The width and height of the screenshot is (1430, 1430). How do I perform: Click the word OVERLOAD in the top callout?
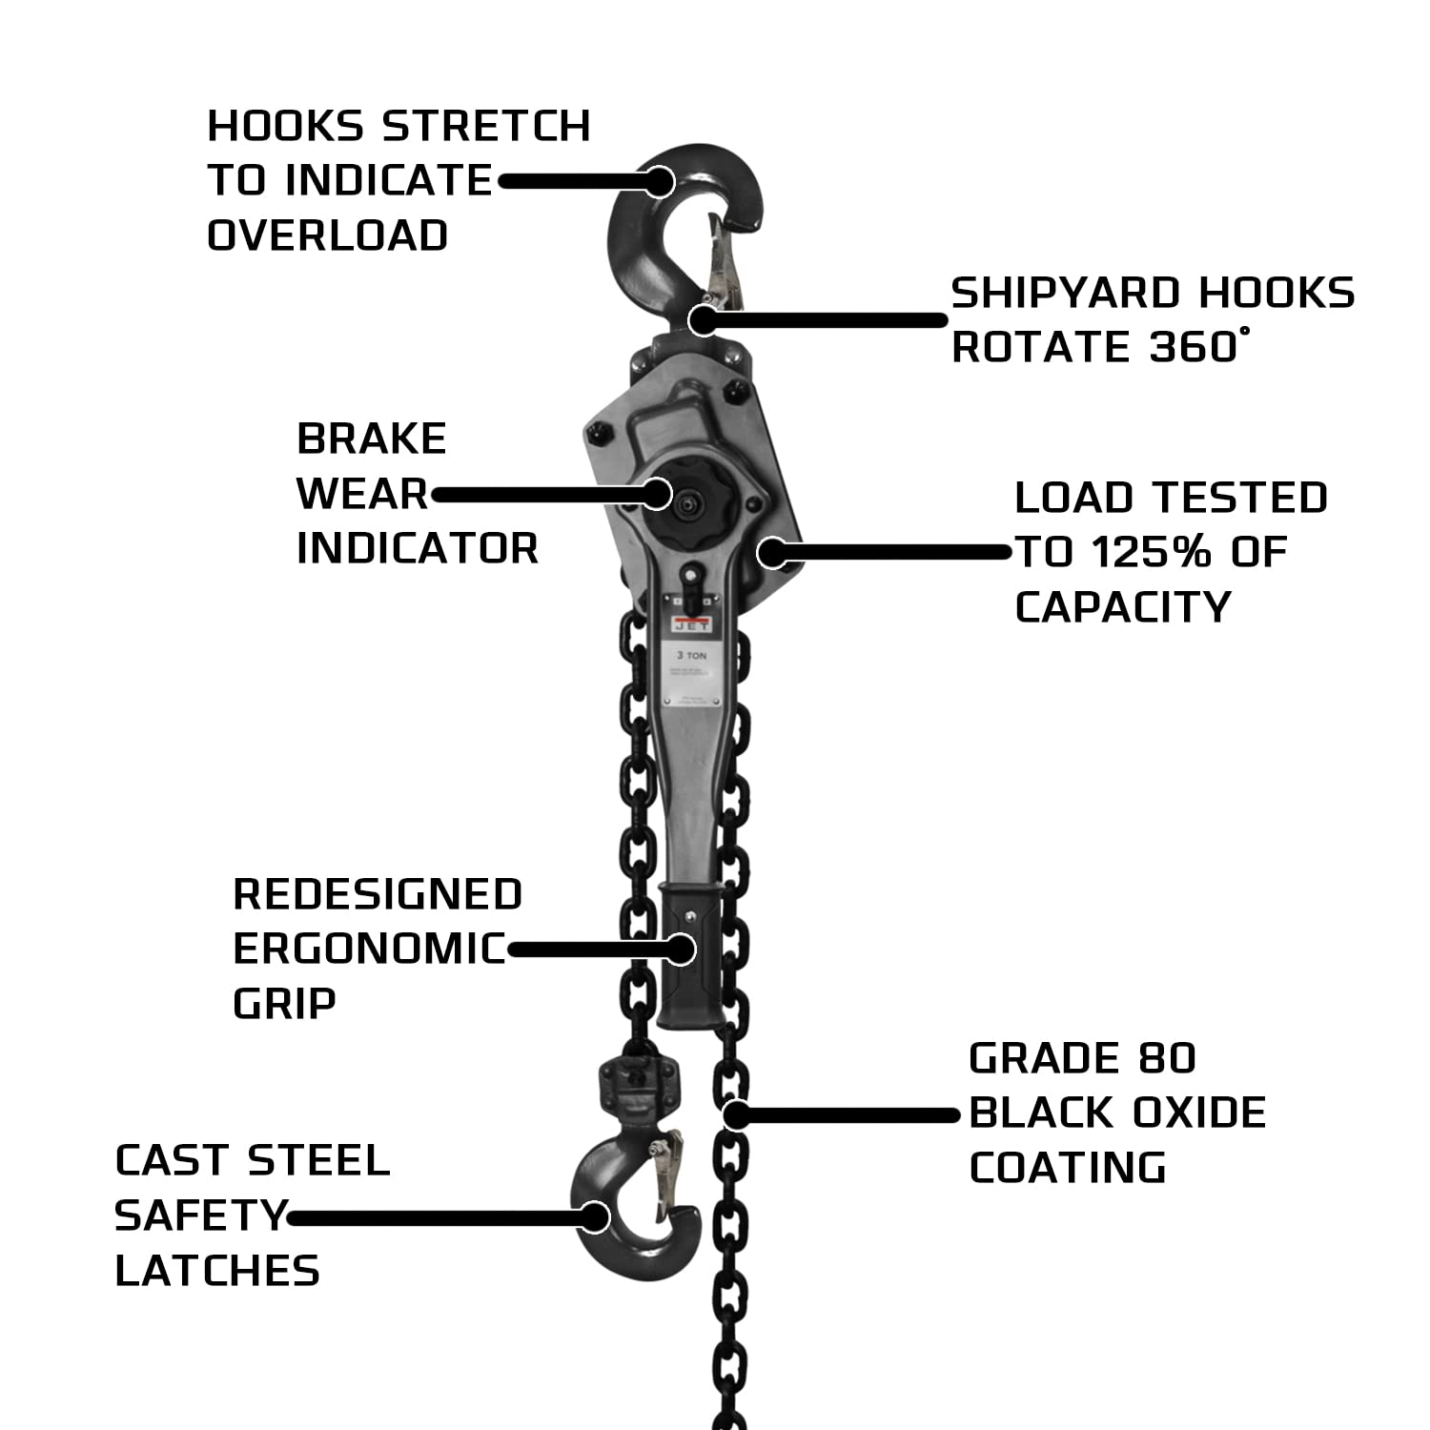(327, 235)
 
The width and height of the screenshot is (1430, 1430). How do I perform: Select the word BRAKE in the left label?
(372, 439)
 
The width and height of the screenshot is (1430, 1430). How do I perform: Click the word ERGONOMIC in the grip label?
(369, 949)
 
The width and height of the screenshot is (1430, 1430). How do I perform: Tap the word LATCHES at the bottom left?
(217, 1271)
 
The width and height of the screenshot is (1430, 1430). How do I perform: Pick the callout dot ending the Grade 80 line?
(735, 1113)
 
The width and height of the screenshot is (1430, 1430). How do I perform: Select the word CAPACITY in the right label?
(1123, 607)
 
